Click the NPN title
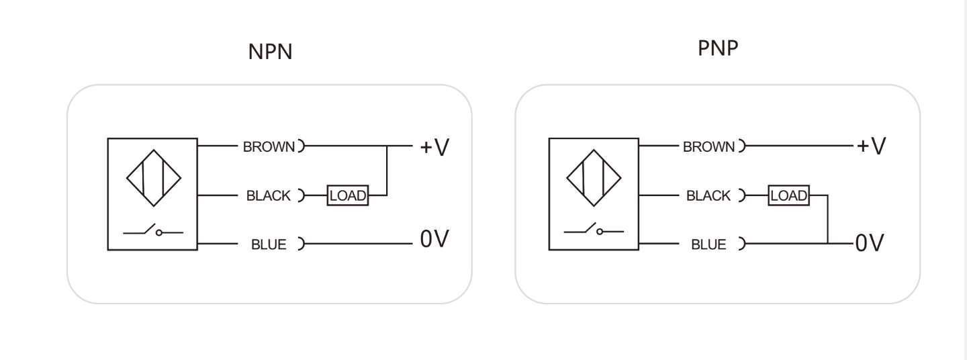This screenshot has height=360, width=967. (270, 52)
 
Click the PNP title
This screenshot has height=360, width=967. (718, 48)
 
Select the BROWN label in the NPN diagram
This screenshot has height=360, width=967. (269, 147)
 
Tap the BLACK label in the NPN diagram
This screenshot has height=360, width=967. (269, 195)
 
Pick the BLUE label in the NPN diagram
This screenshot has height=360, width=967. (269, 244)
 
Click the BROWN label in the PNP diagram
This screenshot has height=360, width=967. (708, 147)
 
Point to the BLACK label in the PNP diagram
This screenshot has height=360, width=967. (708, 195)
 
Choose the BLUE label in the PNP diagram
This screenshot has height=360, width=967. (708, 244)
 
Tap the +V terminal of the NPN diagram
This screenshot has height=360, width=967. (434, 147)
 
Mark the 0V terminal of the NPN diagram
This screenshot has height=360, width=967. (434, 238)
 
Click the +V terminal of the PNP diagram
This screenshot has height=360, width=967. (872, 146)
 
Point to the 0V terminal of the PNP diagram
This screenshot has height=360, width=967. (870, 242)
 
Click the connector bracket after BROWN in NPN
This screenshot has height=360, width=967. (303, 146)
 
